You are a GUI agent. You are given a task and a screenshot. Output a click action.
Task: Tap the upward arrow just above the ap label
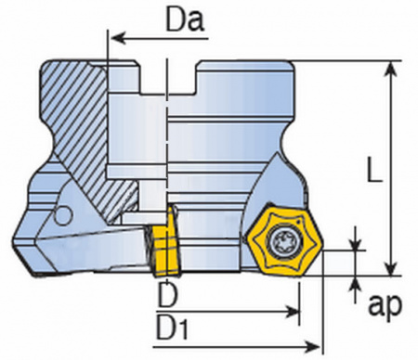click(355, 282)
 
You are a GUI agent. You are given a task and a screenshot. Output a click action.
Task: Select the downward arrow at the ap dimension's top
click(355, 242)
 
